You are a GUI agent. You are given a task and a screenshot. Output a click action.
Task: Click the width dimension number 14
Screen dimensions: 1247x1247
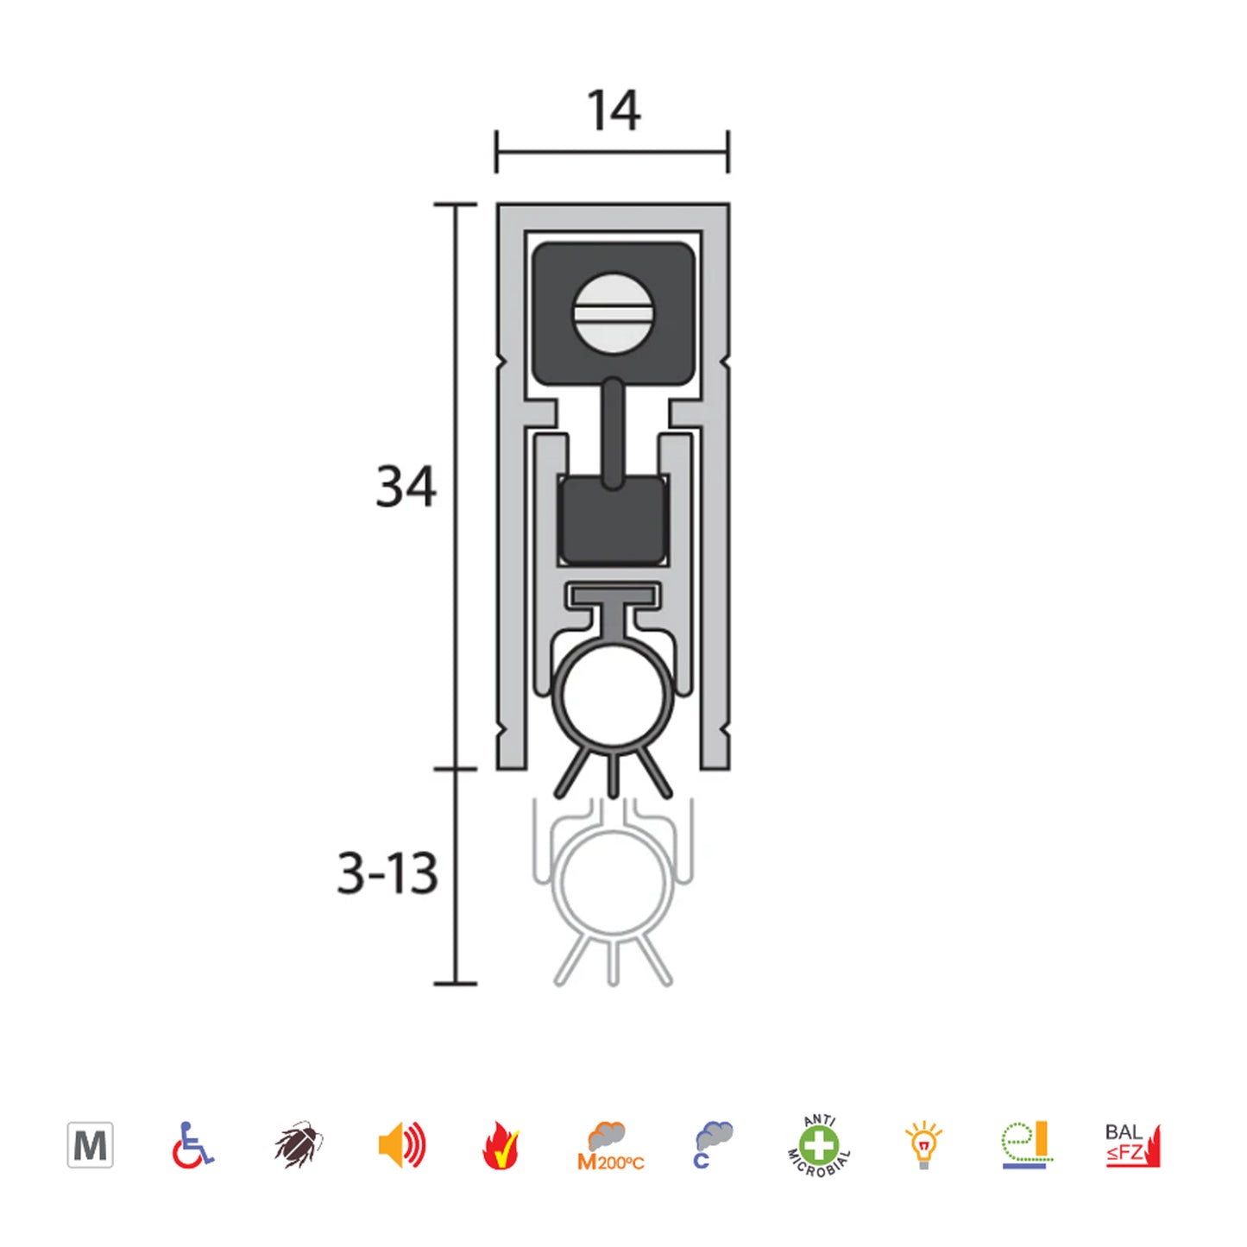[614, 111]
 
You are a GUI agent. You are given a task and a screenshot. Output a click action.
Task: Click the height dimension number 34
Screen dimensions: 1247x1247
[406, 487]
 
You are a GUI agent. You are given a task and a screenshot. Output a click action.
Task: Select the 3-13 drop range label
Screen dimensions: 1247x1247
[387, 872]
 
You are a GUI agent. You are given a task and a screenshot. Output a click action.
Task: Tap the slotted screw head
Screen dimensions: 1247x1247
[613, 313]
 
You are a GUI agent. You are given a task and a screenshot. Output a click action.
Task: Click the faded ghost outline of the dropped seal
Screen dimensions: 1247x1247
[613, 885]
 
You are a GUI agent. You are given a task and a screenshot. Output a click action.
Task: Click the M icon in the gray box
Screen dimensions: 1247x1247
[91, 1145]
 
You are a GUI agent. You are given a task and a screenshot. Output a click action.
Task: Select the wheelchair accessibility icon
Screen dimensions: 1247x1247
[192, 1145]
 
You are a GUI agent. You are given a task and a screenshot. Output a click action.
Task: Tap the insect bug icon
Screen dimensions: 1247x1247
[299, 1145]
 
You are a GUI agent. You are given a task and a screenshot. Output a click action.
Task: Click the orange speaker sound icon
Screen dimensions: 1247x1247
[402, 1145]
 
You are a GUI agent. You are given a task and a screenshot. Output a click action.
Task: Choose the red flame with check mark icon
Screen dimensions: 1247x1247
[501, 1146]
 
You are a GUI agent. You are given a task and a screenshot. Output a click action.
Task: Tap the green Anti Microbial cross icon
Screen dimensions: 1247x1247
[819, 1146]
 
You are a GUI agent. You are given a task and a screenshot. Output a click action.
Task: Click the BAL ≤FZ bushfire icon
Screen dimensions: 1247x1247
[1132, 1145]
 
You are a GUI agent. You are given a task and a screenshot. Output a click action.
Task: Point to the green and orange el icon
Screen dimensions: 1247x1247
[1027, 1145]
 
